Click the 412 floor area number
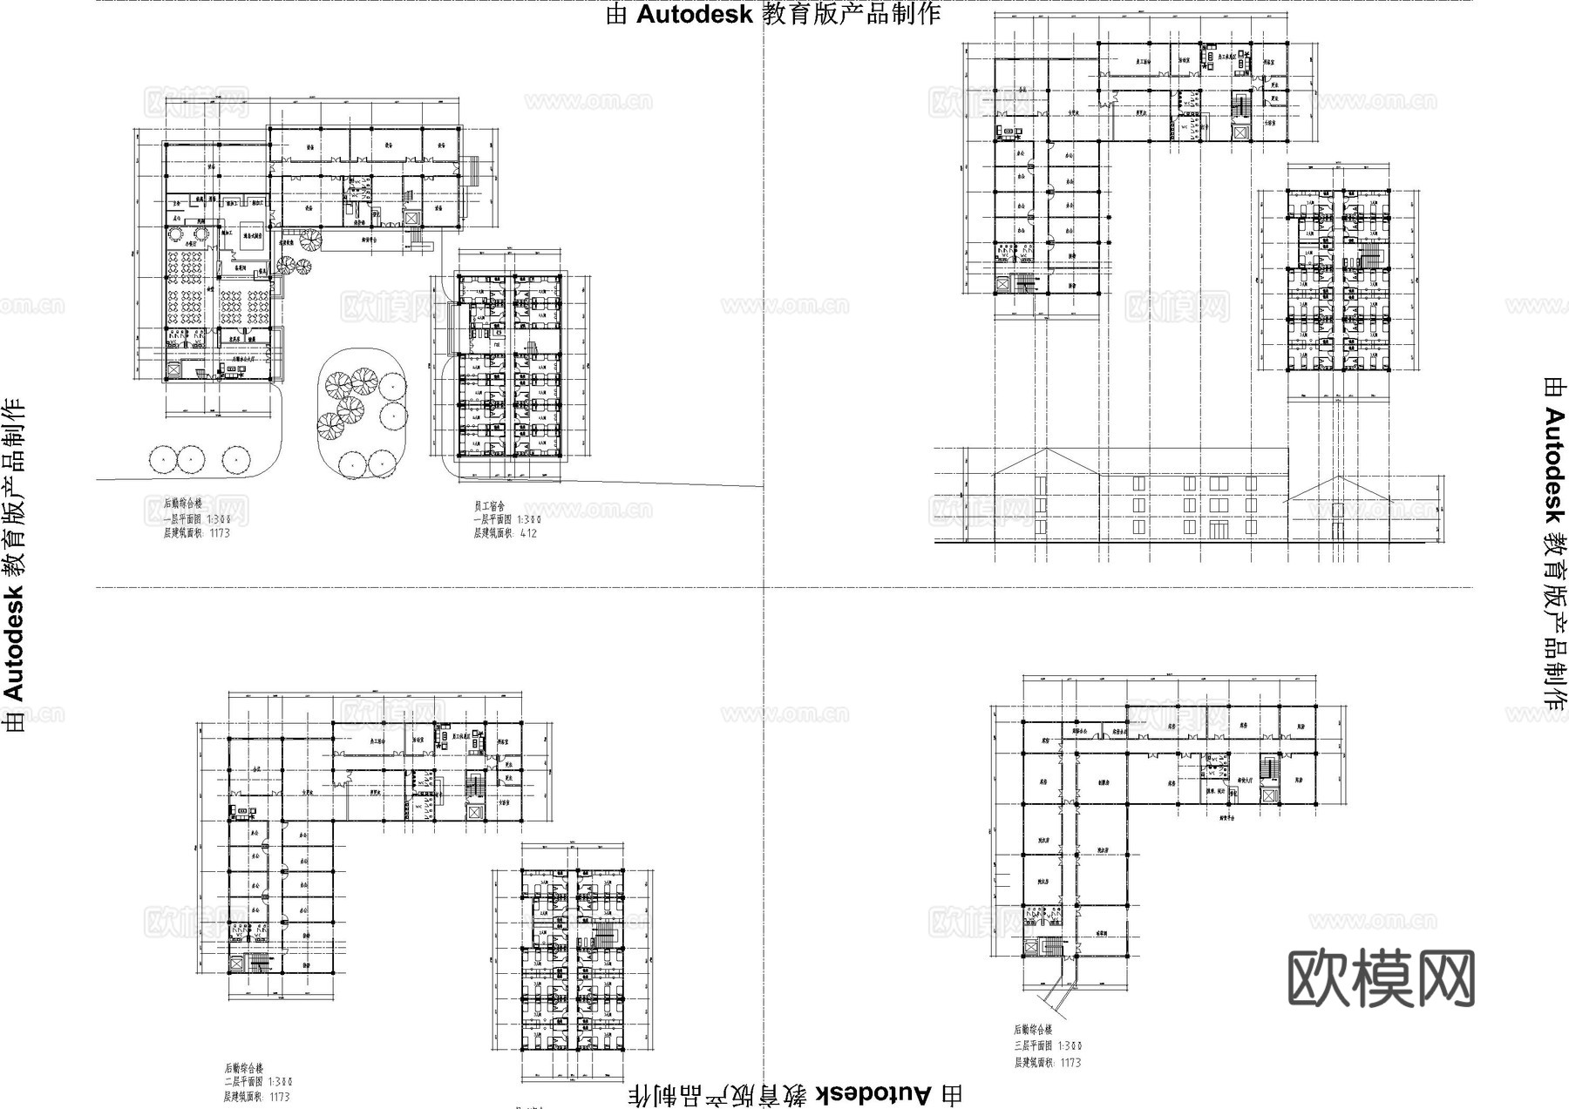click(528, 533)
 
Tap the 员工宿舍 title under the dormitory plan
click(490, 505)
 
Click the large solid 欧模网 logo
click(1381, 978)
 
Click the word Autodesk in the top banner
click(694, 15)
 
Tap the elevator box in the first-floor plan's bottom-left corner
click(173, 370)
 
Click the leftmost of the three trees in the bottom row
click(162, 458)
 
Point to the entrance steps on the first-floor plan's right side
click(473, 169)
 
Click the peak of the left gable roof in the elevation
click(1046, 451)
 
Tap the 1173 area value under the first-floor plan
click(219, 533)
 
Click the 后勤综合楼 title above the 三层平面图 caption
click(1034, 1030)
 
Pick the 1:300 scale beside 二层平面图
click(276, 1082)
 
